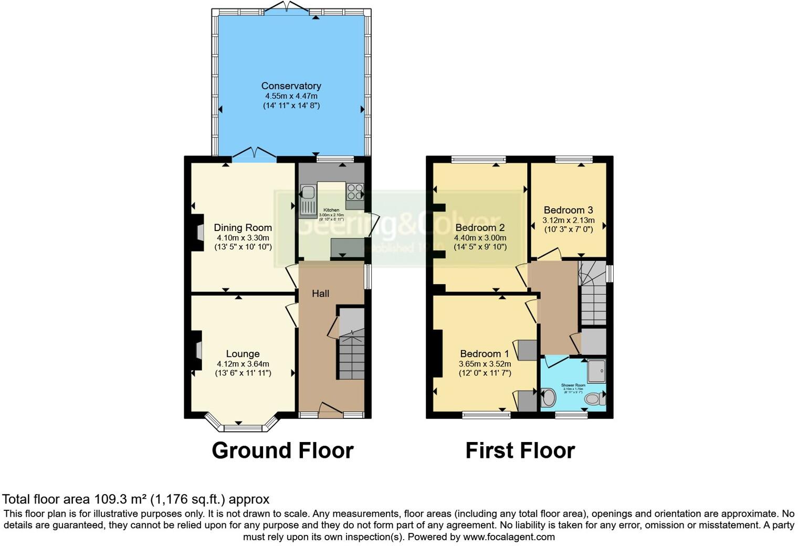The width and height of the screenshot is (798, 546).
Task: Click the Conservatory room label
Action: pyautogui.click(x=291, y=86)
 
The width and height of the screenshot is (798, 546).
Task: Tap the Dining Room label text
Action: pyautogui.click(x=243, y=227)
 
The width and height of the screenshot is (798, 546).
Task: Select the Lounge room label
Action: pyautogui.click(x=243, y=354)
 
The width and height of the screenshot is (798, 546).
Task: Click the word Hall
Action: pyautogui.click(x=320, y=293)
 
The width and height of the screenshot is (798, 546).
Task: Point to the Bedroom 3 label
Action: pyautogui.click(x=568, y=210)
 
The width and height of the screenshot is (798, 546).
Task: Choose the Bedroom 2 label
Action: pyautogui.click(x=480, y=227)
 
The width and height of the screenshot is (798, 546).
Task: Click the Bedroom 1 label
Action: pyautogui.click(x=484, y=354)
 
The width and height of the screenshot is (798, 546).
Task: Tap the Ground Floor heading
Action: pyautogui.click(x=282, y=450)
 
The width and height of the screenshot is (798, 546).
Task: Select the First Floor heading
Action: pyautogui.click(x=520, y=450)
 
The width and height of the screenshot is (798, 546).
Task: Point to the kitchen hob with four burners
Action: pyautogui.click(x=355, y=191)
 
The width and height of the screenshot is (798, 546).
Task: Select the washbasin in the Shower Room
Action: pyautogui.click(x=548, y=397)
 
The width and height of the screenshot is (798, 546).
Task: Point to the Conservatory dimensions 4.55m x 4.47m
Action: pyautogui.click(x=291, y=96)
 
